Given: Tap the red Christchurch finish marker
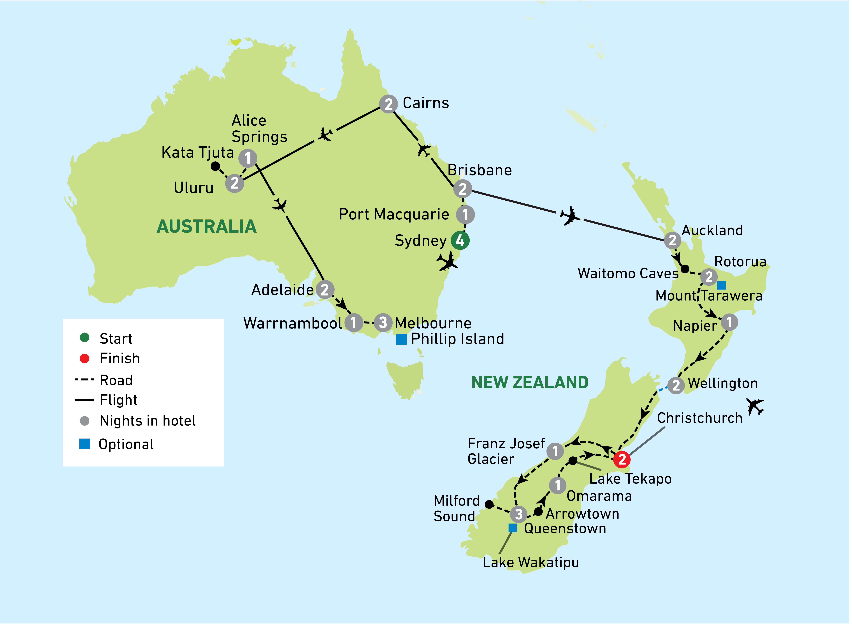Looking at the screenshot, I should tap(622, 459).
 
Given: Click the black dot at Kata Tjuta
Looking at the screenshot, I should tap(215, 166).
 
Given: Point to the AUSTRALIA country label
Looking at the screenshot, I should tap(206, 227).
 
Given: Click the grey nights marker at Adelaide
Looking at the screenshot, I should tap(325, 290).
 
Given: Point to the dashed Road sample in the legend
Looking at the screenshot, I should tap(84, 380).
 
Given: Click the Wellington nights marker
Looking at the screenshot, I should tap(676, 385).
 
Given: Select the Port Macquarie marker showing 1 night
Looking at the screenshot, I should tap(465, 215).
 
